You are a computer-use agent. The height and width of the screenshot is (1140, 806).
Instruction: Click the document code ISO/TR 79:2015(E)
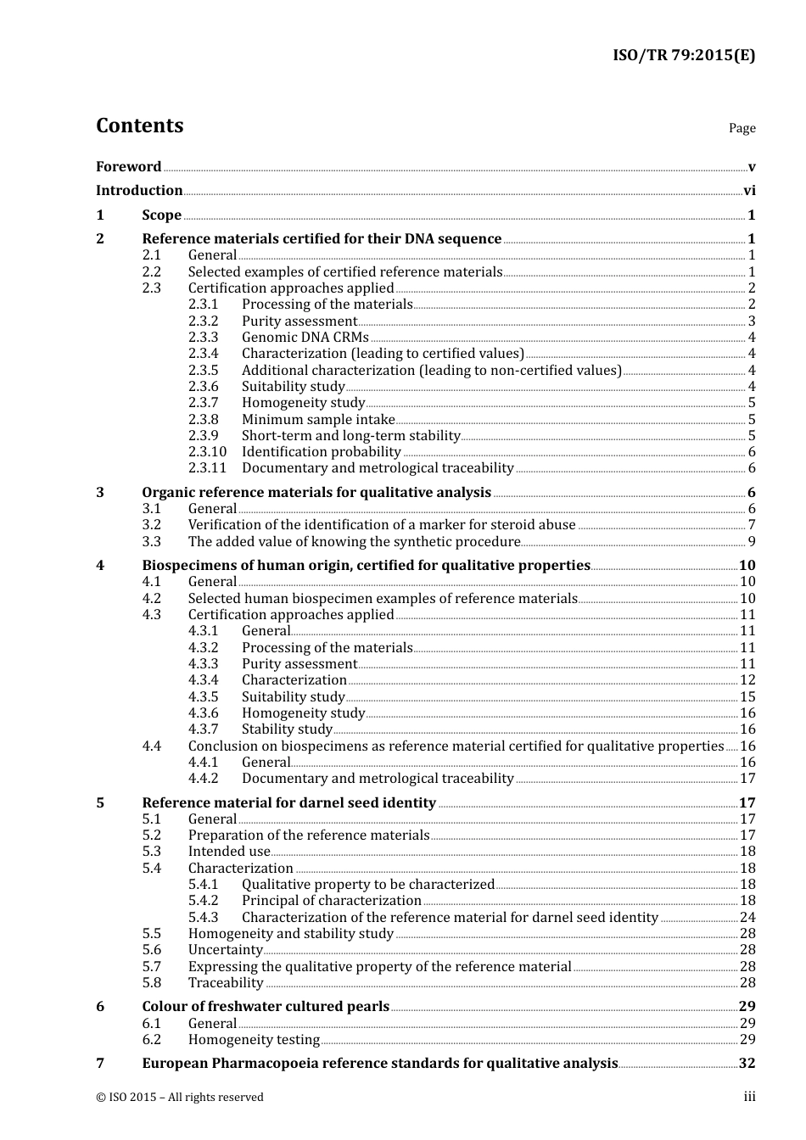(683, 56)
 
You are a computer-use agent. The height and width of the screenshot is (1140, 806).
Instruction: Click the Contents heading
(139, 126)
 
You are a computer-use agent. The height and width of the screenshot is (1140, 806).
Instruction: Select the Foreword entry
(128, 166)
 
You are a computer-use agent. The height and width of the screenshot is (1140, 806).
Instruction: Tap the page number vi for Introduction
(749, 191)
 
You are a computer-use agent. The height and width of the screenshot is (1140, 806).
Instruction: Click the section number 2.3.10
(207, 452)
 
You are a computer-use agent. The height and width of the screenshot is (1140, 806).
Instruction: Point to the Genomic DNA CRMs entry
(305, 338)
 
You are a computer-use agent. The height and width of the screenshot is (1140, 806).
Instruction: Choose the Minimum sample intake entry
(318, 420)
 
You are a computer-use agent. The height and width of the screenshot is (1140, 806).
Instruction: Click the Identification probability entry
(321, 452)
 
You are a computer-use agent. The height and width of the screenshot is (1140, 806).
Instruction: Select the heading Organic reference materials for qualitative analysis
(316, 492)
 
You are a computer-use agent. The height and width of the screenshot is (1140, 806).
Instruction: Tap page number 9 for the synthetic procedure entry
(752, 542)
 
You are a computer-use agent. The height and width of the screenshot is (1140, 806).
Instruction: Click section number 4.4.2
(203, 779)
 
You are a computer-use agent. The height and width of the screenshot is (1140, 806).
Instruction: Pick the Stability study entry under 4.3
(287, 729)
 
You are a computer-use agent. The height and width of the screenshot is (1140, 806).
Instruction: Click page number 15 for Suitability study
(747, 697)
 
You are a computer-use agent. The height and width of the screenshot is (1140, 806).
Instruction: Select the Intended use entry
(228, 852)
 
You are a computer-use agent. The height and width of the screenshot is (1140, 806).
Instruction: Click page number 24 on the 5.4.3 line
(747, 918)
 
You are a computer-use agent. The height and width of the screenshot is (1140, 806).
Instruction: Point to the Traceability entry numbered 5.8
(226, 983)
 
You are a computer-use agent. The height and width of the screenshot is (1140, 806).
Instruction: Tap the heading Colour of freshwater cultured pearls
(265, 1007)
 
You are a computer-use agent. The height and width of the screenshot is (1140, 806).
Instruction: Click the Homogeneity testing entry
(254, 1040)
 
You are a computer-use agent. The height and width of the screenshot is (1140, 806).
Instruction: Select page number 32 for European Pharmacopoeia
(747, 1064)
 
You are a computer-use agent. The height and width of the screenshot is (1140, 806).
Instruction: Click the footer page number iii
(749, 1097)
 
